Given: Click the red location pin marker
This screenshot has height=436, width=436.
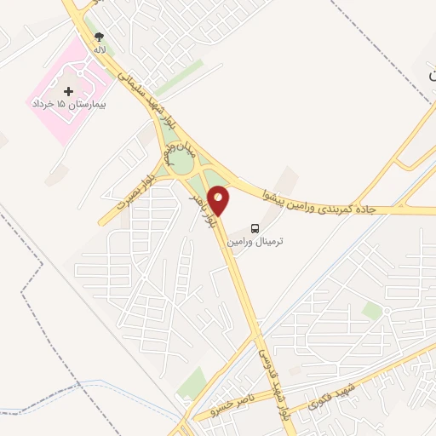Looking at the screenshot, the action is (x=219, y=200).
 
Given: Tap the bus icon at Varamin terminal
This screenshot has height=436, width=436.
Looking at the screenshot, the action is (x=255, y=228).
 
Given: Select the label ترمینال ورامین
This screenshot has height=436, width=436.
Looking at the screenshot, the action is (x=255, y=242).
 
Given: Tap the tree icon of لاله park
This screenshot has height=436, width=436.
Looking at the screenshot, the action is (x=100, y=37).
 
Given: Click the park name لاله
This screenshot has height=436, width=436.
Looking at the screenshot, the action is (x=100, y=51).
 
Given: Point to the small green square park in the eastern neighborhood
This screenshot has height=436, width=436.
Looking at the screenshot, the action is (x=371, y=311).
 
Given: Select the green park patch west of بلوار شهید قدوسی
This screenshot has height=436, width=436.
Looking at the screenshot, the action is (x=192, y=382).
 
